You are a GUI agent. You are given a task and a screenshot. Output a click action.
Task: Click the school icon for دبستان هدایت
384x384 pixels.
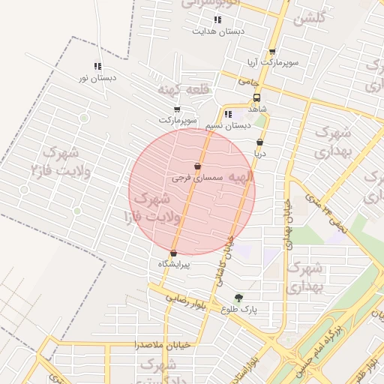217,20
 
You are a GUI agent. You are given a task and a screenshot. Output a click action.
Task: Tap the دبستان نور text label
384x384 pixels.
97,77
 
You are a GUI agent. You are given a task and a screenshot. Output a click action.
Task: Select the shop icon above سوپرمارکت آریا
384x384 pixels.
271,52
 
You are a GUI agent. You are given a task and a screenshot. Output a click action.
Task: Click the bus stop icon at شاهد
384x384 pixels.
257,98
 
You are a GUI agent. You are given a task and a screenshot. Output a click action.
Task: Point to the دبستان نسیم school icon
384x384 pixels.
228,114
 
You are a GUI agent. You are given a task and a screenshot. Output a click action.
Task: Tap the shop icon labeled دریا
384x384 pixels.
259,142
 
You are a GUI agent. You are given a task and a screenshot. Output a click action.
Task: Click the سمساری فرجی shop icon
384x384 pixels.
197,166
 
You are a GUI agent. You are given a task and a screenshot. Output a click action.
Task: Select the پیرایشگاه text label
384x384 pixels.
174,264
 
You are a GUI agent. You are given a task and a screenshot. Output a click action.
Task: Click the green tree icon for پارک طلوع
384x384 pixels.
239,297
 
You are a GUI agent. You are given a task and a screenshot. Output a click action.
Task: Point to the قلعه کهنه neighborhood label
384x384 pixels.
181,89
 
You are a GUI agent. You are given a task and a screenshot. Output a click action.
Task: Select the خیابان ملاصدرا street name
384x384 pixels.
136,345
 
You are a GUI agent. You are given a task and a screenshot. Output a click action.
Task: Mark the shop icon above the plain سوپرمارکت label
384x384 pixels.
177,109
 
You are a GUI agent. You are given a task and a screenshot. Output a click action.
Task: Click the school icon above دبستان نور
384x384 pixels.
97,66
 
